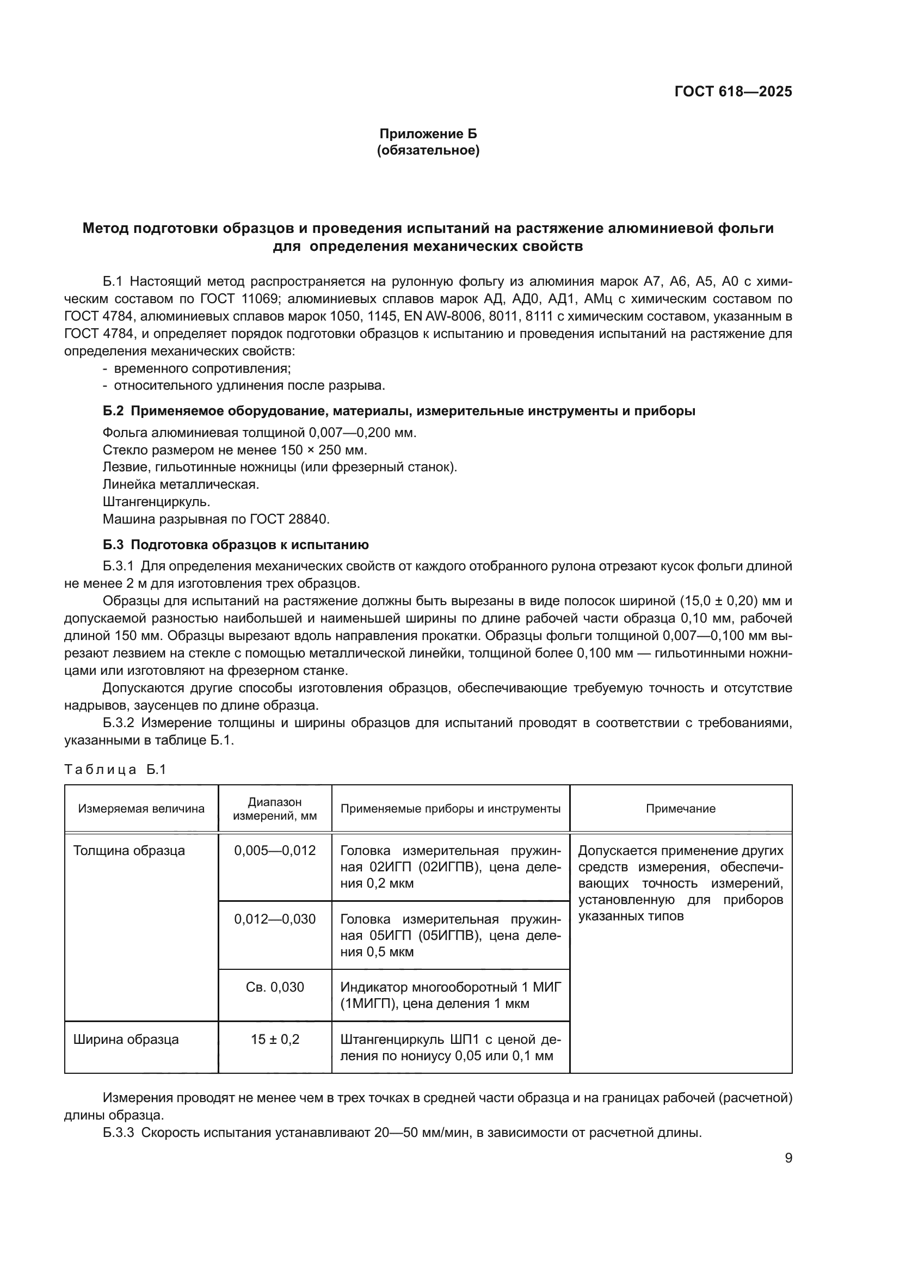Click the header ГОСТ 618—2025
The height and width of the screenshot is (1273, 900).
(x=732, y=92)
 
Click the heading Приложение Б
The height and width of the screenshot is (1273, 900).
(x=428, y=134)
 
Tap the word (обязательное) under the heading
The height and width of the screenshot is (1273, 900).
(x=428, y=150)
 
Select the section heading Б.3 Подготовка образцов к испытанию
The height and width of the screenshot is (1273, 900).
(x=236, y=544)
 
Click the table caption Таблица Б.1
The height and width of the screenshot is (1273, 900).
(x=115, y=770)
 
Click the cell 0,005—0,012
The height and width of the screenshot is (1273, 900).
(x=275, y=851)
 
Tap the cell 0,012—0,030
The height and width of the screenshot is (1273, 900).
(x=275, y=919)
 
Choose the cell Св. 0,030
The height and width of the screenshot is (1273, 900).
(x=275, y=987)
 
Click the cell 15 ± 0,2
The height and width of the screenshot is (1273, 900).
(x=275, y=1039)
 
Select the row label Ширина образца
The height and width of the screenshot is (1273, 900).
(x=126, y=1039)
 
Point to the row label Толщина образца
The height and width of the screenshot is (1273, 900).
(x=129, y=851)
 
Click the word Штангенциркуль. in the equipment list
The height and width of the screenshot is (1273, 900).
(x=156, y=502)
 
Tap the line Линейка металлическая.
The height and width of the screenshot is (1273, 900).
(x=181, y=484)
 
